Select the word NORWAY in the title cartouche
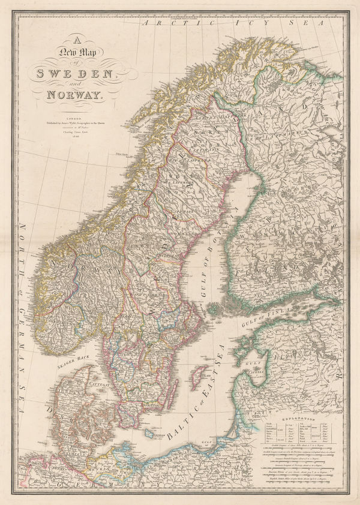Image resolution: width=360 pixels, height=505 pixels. [71, 95]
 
